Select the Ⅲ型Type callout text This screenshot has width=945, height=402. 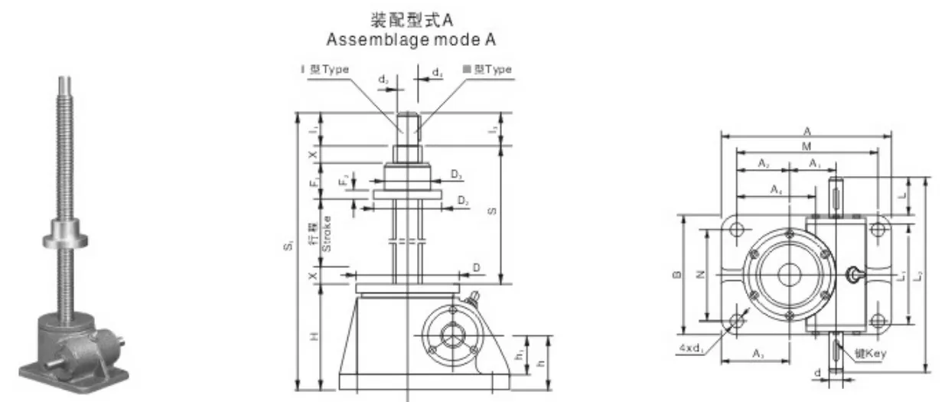[487, 69]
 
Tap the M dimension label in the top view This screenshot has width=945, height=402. [806, 145]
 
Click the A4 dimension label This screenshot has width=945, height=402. [776, 188]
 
